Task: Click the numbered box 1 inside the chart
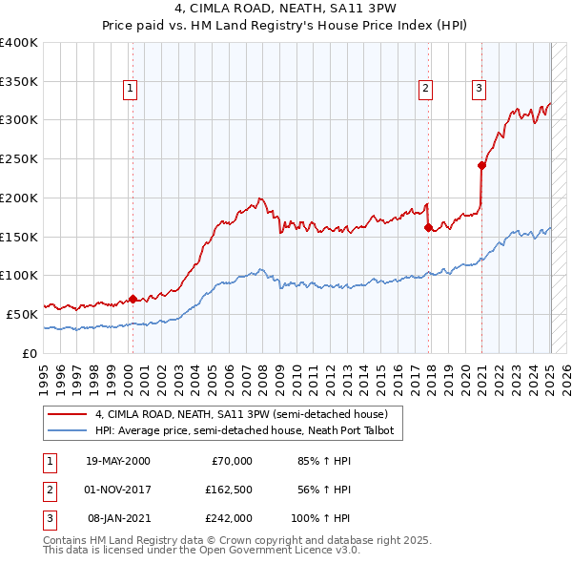[130, 89]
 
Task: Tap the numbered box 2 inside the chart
[425, 89]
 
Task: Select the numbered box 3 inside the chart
[479, 89]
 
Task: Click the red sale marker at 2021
[481, 165]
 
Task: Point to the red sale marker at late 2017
[428, 227]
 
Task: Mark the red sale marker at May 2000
[133, 298]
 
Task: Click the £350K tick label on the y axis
[19, 81]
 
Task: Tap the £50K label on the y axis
[23, 314]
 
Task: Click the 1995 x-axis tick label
[43, 376]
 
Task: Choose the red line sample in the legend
[68, 415]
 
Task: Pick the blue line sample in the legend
[68, 431]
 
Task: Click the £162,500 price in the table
[229, 490]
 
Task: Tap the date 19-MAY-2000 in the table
[117, 461]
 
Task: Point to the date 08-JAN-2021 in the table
[118, 518]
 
